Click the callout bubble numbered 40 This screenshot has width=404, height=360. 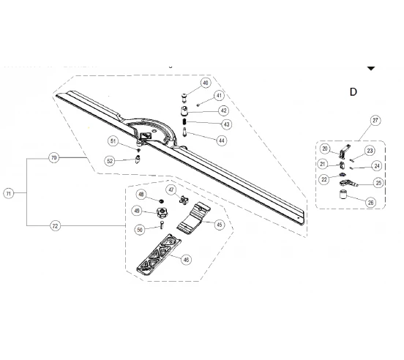click(x=206, y=83)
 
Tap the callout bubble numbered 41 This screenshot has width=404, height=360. click(x=219, y=96)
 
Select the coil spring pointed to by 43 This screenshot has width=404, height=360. click(x=184, y=121)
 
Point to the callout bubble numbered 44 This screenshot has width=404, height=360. click(x=222, y=140)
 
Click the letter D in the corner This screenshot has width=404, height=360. click(x=353, y=92)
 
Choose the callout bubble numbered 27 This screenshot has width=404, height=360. click(x=375, y=120)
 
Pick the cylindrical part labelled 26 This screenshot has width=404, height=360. click(x=343, y=195)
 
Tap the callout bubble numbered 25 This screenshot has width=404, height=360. click(x=378, y=183)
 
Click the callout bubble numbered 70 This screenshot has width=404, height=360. click(x=53, y=157)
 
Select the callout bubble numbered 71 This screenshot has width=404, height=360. click(x=9, y=193)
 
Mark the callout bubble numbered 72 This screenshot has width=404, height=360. click(x=55, y=226)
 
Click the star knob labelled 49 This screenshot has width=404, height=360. click(x=162, y=213)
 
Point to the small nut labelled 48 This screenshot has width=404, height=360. click(x=162, y=201)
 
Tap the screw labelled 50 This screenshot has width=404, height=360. click(x=162, y=225)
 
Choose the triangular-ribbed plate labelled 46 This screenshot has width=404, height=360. click(x=159, y=255)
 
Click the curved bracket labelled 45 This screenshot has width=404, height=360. click(x=194, y=218)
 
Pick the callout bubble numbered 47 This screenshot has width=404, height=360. click(x=171, y=190)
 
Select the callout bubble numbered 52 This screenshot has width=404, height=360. click(x=110, y=161)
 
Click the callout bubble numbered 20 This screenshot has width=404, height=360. click(x=325, y=149)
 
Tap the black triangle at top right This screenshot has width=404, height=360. click(x=371, y=68)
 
